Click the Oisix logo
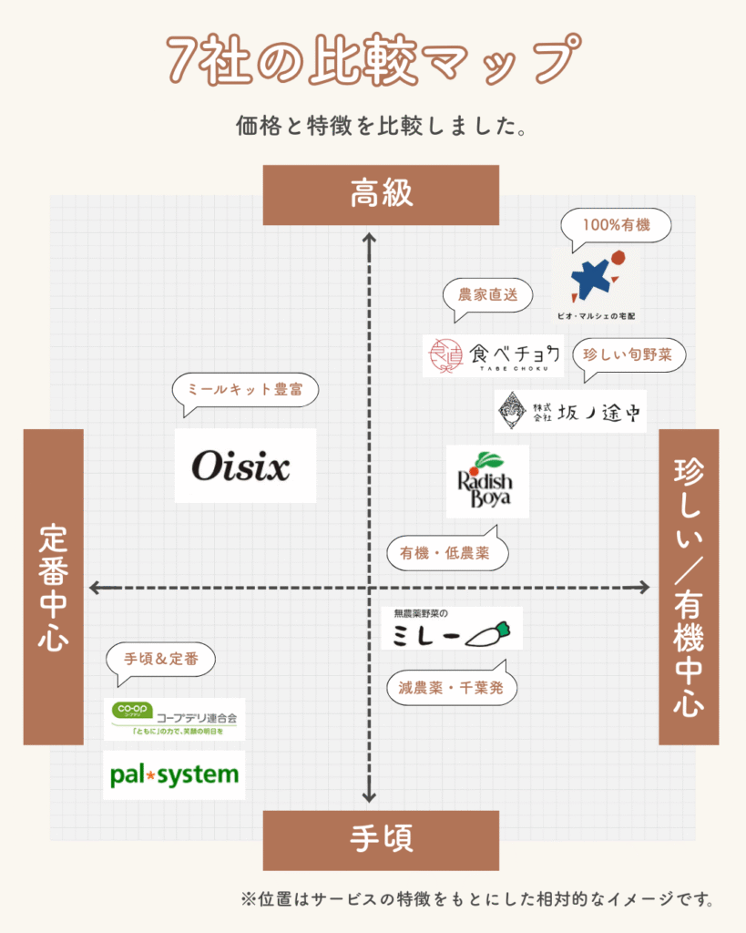pos(245,466)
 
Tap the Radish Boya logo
pos(487,481)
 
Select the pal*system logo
pos(174,775)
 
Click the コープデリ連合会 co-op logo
pos(174,719)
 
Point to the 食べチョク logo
pos(493,355)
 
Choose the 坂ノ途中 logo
pos(570,412)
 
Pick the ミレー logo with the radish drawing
pos(452,629)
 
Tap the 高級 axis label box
pos(381,194)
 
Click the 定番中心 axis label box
pos(53,587)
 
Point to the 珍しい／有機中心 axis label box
pos(689,587)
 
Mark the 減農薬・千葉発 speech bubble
pos(452,688)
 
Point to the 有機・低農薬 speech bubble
pos(446,553)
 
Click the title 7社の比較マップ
pos(373,59)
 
